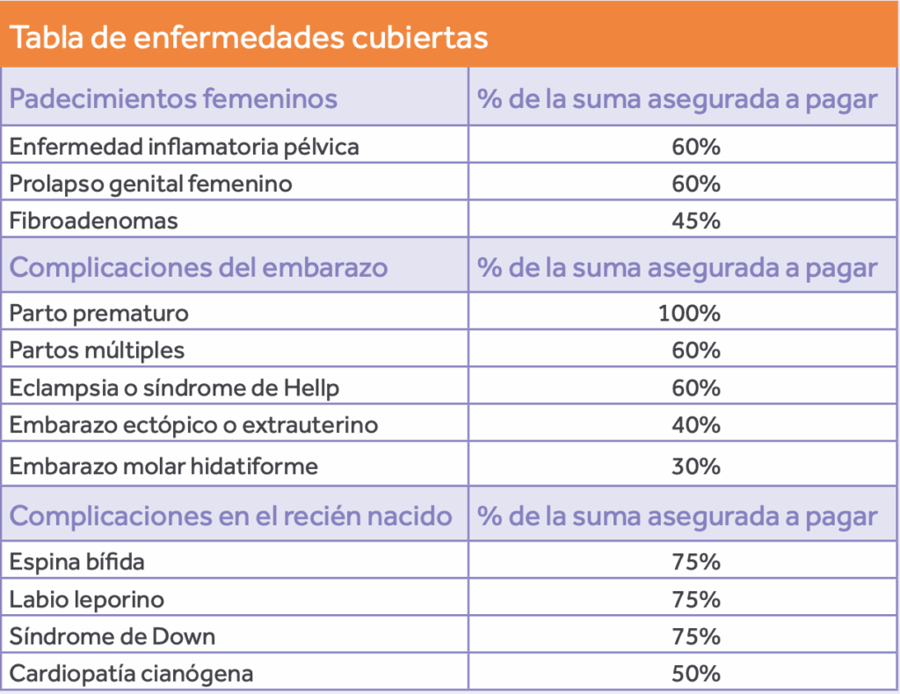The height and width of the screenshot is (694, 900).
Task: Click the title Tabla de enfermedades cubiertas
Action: click(x=249, y=39)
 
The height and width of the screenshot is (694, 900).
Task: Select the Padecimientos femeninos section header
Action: click(x=173, y=98)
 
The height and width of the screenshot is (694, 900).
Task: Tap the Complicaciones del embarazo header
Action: click(x=199, y=267)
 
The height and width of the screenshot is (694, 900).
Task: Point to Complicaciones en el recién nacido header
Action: click(x=230, y=516)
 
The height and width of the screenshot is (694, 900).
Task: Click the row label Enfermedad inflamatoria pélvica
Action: click(x=185, y=147)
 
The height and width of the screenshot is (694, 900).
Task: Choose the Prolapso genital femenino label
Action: click(x=150, y=184)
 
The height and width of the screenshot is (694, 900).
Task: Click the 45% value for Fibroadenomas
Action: click(x=696, y=220)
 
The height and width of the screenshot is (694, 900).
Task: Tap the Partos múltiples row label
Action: click(x=97, y=351)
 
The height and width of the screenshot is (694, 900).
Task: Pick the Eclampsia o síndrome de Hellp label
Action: click(x=174, y=387)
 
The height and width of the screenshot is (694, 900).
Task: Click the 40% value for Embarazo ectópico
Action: click(x=696, y=425)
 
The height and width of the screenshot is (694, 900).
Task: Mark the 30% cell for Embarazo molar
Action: click(x=696, y=466)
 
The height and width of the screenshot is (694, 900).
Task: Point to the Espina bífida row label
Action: click(x=77, y=560)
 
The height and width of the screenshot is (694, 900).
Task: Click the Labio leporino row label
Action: click(x=86, y=599)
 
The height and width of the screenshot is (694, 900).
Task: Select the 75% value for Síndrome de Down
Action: click(x=696, y=636)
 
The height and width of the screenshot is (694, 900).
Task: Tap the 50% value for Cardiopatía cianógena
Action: click(x=696, y=674)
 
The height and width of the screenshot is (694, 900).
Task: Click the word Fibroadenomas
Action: click(x=94, y=220)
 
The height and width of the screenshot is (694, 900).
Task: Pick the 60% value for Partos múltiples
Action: click(x=696, y=351)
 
